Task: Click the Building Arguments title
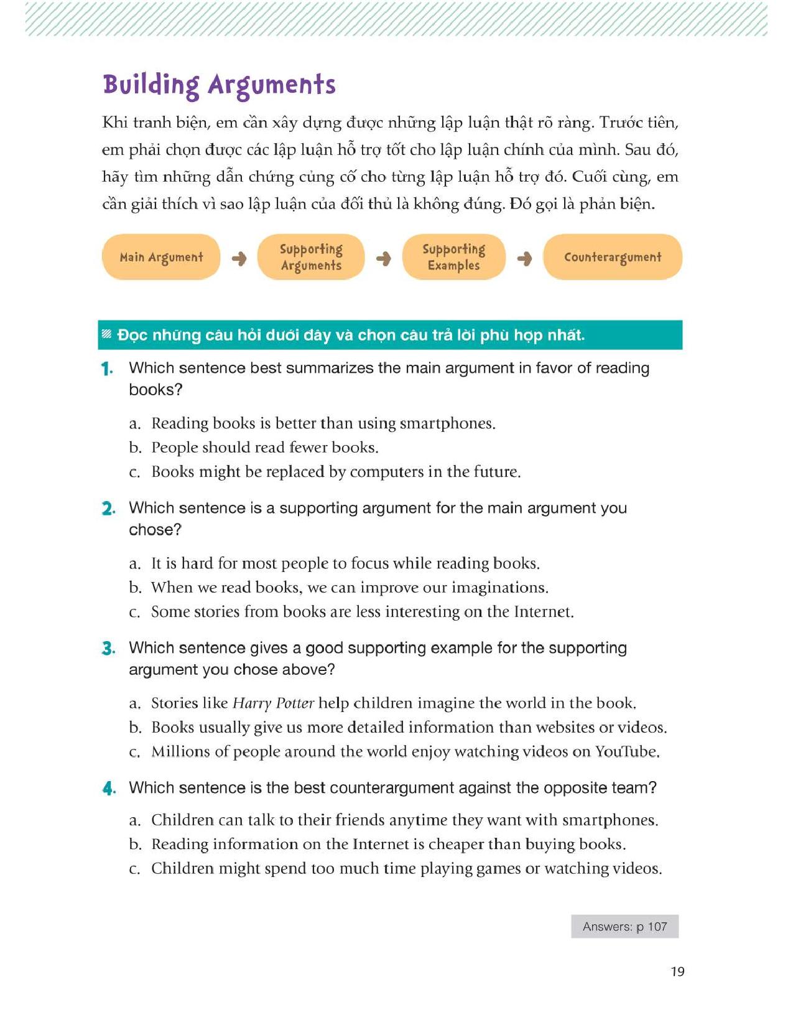[219, 85]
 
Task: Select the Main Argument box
[161, 257]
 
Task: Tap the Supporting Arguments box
[311, 257]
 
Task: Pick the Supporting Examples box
[453, 257]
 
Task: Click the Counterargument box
[613, 257]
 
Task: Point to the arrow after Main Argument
[239, 258]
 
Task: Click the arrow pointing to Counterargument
[524, 258]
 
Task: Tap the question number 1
[107, 369]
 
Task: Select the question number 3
[108, 649]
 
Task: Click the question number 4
[109, 789]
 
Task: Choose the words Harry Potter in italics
[273, 703]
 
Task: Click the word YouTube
[625, 752]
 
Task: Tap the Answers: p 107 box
[624, 926]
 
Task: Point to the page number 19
[677, 972]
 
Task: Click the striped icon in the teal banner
[107, 335]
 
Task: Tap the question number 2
[108, 509]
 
